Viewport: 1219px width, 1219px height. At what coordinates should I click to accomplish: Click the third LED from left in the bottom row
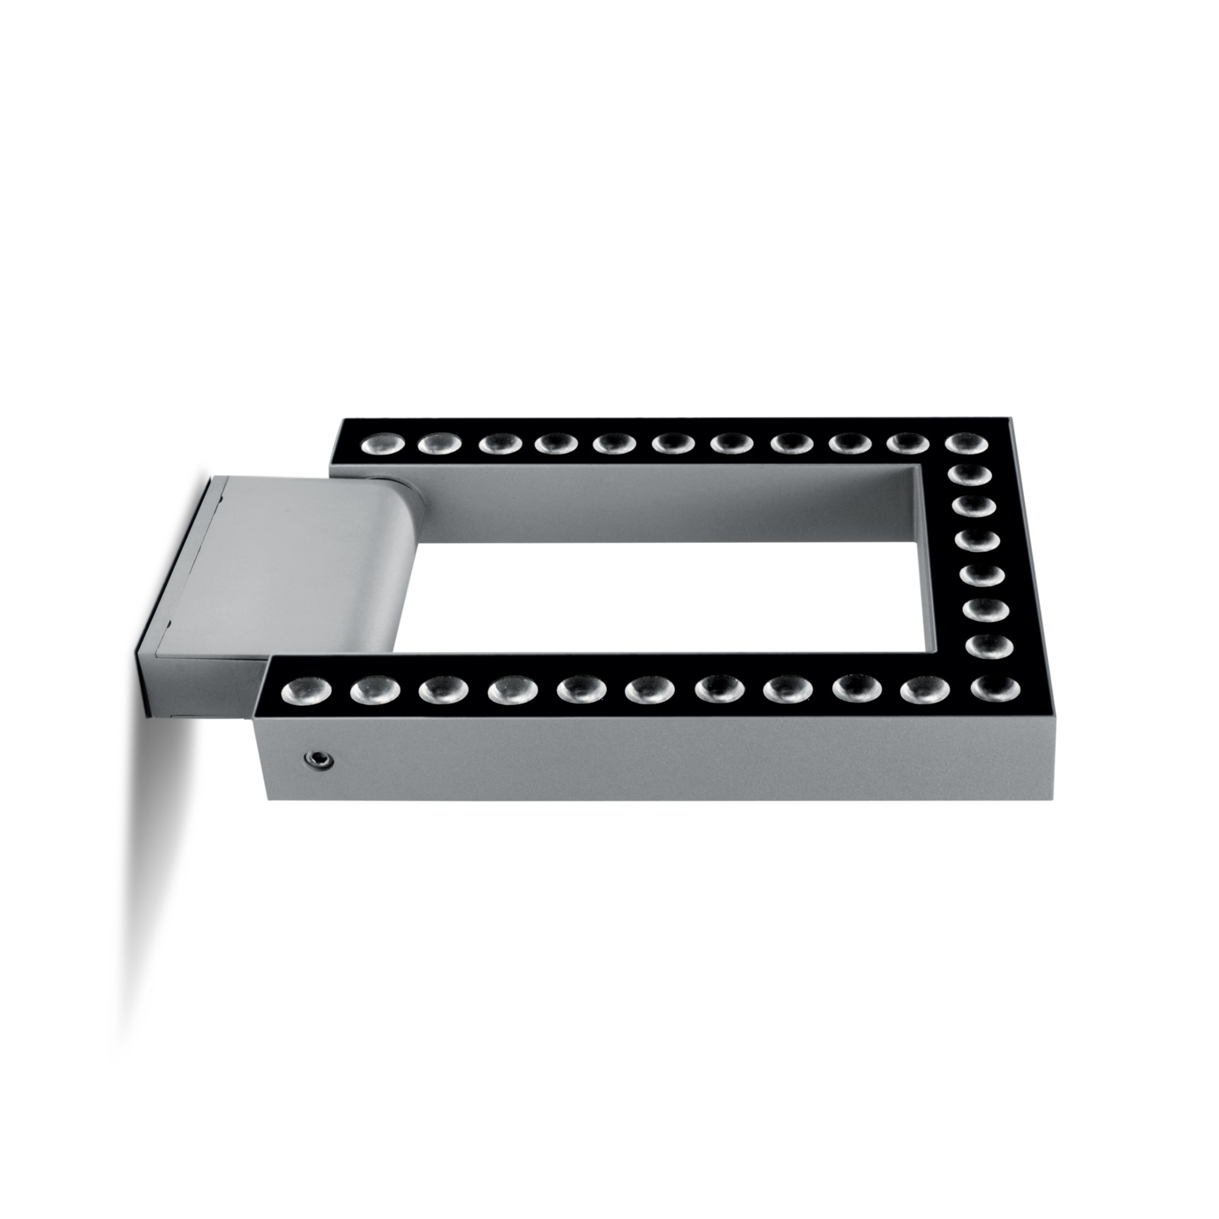tap(443, 691)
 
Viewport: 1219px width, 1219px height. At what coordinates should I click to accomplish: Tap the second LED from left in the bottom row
tap(375, 691)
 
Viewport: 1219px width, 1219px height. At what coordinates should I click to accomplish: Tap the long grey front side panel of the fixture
tap(631, 760)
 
